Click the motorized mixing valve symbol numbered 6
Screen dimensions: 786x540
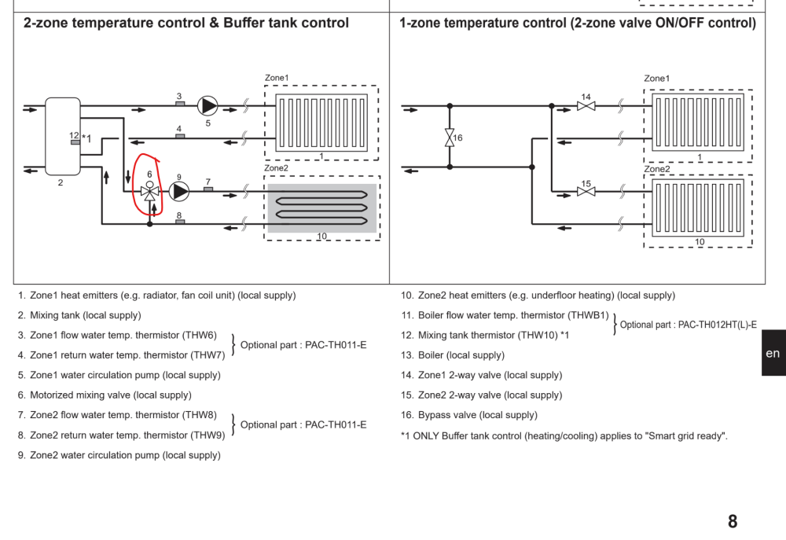point(149,191)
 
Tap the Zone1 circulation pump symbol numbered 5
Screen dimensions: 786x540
point(208,106)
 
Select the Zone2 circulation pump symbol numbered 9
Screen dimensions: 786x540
point(179,192)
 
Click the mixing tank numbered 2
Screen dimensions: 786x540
point(63,137)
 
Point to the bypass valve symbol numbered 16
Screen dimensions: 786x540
point(450,138)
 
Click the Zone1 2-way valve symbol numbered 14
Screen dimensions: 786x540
point(586,106)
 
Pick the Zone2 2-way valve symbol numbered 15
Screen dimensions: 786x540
point(586,192)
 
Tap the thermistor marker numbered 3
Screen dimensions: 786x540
point(180,104)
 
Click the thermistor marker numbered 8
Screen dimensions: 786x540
point(180,222)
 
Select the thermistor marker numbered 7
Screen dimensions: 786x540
point(208,189)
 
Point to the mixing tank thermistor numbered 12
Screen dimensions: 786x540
point(75,142)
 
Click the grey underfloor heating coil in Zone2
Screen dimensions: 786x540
point(321,208)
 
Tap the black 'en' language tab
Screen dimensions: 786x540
point(773,353)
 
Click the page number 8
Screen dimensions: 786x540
point(733,521)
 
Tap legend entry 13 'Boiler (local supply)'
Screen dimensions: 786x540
point(454,355)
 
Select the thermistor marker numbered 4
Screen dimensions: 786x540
point(180,136)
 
